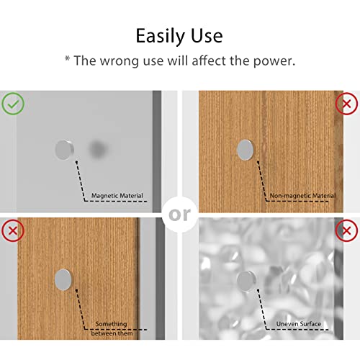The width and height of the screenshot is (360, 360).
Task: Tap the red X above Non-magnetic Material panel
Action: (x=346, y=104)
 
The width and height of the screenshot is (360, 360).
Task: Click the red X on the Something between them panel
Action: (x=13, y=230)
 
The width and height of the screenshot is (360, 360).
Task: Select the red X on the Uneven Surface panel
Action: (x=346, y=230)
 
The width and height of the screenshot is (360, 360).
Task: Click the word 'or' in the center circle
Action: (x=180, y=215)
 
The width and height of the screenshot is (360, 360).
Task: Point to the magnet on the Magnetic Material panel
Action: (x=64, y=150)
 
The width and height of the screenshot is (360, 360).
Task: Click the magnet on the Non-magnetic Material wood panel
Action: (x=245, y=150)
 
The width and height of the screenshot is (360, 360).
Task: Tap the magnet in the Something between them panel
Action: (x=63, y=279)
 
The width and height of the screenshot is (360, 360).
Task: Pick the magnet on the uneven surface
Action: (x=246, y=281)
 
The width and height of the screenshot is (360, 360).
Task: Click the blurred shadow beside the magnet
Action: (x=97, y=149)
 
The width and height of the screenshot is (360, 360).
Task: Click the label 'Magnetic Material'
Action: (x=117, y=196)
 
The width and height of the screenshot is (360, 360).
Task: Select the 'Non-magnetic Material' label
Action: (x=302, y=196)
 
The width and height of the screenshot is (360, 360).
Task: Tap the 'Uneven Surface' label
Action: (x=299, y=324)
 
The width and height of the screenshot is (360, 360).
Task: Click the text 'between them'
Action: (x=112, y=333)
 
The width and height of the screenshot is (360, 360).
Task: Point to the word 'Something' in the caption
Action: (x=111, y=324)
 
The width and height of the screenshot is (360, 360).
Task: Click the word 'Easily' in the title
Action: (x=161, y=36)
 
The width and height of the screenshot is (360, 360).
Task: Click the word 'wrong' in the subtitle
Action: (x=120, y=61)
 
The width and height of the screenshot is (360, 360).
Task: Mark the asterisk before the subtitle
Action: (x=68, y=58)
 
